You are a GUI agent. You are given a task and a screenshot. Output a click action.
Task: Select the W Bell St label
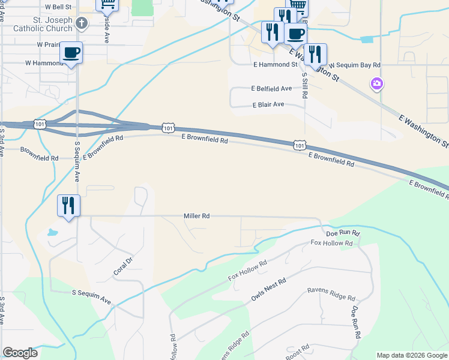coord(58,7)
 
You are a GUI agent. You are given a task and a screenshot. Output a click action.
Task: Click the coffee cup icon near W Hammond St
coord(71,53)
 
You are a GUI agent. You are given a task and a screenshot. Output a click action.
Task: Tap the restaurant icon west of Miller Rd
coord(68,206)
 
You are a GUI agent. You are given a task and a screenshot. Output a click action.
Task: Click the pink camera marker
coord(377,83)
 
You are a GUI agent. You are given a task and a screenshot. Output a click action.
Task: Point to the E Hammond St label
coord(276,64)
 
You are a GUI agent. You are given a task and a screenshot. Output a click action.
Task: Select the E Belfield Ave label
coord(272,88)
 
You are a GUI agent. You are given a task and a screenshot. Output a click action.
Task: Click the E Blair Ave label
coord(268,104)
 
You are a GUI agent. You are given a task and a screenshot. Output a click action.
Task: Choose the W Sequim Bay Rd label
coord(355,64)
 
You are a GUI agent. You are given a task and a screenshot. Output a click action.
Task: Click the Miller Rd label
coord(196,216)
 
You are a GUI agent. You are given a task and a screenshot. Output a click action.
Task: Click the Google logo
coord(20,353)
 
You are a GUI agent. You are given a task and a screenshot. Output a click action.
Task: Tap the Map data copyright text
coord(411,355)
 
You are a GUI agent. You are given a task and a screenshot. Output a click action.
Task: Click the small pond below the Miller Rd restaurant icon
coord(53,232)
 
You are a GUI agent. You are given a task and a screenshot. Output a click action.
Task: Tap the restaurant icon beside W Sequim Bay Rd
coord(315,55)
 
